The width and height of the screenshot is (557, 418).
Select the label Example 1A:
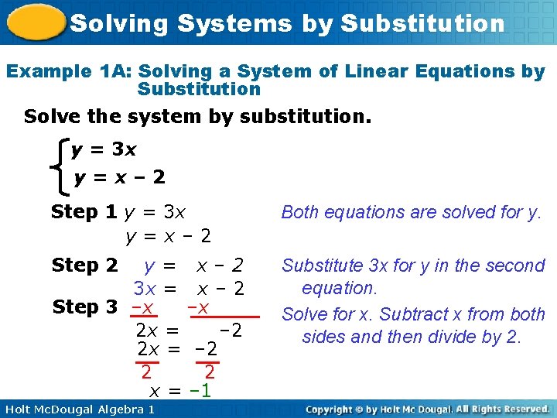click(69, 72)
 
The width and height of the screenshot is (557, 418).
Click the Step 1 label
click(84, 211)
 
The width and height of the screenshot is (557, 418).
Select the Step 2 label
click(84, 266)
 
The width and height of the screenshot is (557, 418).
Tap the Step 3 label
click(84, 307)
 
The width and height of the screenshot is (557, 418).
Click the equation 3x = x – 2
click(189, 289)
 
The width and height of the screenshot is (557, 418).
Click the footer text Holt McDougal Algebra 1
click(79, 409)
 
